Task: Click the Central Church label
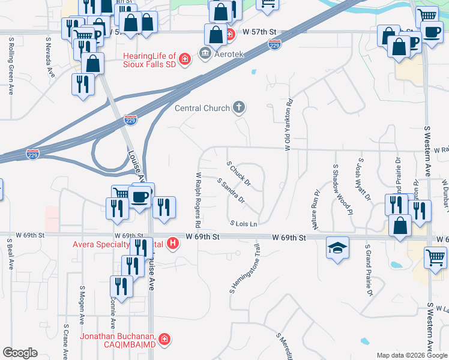click(202, 109)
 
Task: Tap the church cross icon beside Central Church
click(239, 108)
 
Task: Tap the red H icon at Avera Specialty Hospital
click(173, 244)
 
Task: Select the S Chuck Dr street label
click(238, 172)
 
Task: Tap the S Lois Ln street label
click(244, 223)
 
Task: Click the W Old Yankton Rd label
click(288, 124)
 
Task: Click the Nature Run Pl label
click(314, 210)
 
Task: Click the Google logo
click(20, 353)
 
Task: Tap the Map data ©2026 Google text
click(411, 355)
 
